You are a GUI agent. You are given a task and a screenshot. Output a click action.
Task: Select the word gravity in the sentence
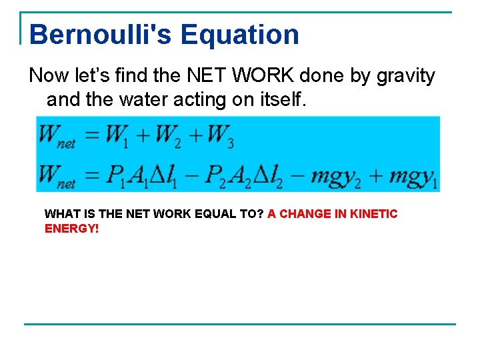click(x=406, y=76)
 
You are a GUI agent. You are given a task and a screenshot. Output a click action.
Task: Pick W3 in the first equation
click(x=220, y=135)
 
